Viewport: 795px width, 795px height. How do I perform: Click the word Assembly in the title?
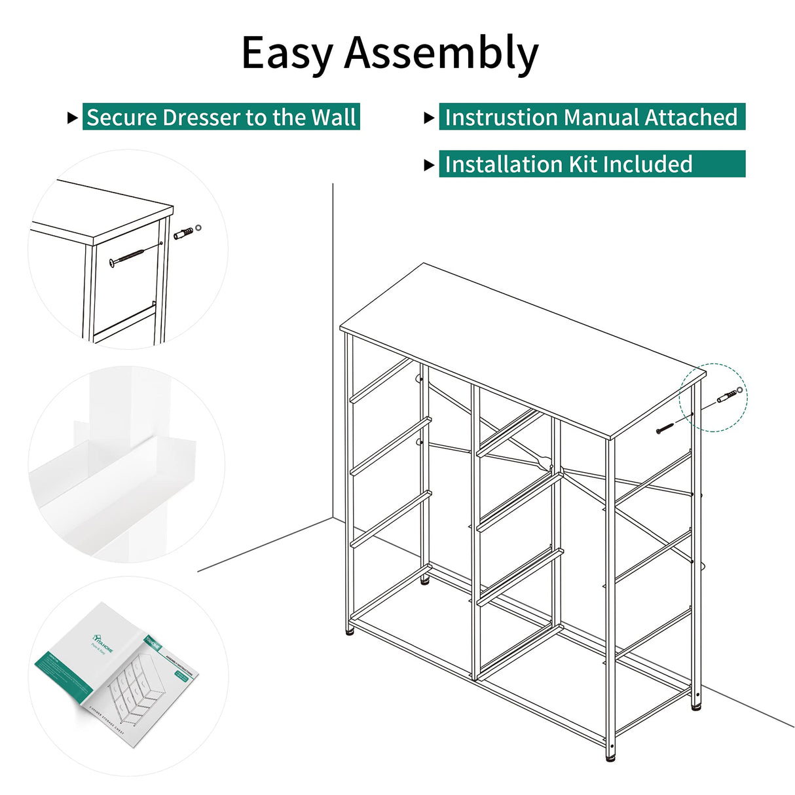coord(441,54)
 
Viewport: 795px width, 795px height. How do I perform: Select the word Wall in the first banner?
coord(333,117)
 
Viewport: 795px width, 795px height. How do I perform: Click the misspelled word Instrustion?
coord(501,117)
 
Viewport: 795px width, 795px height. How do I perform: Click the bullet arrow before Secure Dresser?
coord(73,118)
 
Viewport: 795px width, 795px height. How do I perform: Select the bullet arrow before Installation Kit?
coord(429,164)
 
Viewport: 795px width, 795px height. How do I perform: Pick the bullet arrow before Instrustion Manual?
coord(429,118)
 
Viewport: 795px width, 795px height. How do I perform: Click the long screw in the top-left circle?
coord(135,254)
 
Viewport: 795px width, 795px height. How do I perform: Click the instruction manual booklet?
coord(118,675)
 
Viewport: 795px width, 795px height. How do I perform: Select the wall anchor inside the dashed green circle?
coord(728,397)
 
